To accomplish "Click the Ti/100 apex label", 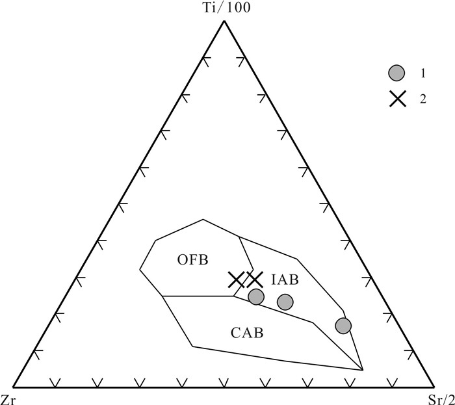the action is (x=224, y=8).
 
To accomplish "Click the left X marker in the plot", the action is (x=237, y=280).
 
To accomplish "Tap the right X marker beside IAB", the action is (x=254, y=280).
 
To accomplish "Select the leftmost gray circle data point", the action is (x=256, y=296).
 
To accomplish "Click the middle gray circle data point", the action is (x=285, y=302).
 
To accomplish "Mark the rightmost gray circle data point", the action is (x=343, y=325).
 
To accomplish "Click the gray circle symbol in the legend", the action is (x=398, y=73).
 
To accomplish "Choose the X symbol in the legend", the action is (x=398, y=99).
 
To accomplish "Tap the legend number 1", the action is (x=422, y=73).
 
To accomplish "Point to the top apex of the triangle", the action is (x=224, y=21).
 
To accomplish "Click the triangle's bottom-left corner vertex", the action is (x=14, y=385).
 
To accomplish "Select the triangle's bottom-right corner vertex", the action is (x=434, y=385).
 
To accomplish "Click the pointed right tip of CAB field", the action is (x=362, y=370).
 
